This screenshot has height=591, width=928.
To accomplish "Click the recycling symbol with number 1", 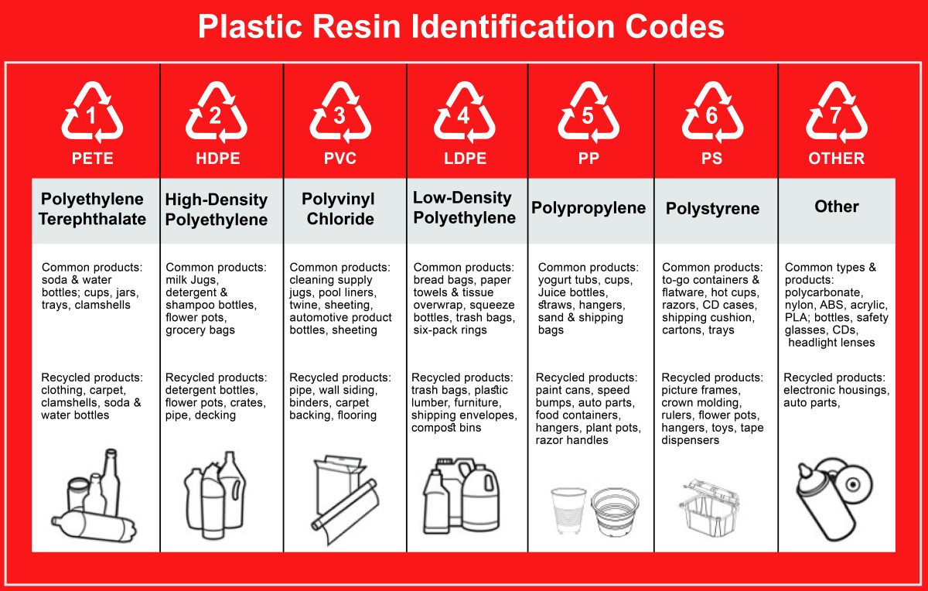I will pyautogui.click(x=92, y=114).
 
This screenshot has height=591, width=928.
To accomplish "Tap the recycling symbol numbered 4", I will pyautogui.click(x=464, y=114).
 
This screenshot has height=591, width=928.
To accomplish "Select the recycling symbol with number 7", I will pyautogui.click(x=837, y=114).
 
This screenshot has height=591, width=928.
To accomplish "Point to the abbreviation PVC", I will pyautogui.click(x=339, y=159).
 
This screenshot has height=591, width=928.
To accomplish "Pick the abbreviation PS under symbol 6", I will pyautogui.click(x=712, y=159).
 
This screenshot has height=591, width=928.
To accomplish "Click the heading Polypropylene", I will pyautogui.click(x=589, y=208).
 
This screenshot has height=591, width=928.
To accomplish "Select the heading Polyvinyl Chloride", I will pyautogui.click(x=339, y=209).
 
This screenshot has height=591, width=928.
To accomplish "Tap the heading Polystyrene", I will pyautogui.click(x=712, y=209).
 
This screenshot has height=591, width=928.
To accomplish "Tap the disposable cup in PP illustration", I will pyautogui.click(x=568, y=509).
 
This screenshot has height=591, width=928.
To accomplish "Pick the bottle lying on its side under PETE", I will pyautogui.click(x=93, y=527).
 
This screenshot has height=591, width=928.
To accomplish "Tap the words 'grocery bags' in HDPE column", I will pyautogui.click(x=200, y=330).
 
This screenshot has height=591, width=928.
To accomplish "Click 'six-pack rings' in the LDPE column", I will pyautogui.click(x=450, y=330).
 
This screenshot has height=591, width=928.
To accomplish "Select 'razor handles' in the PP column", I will pyautogui.click(x=571, y=440).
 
